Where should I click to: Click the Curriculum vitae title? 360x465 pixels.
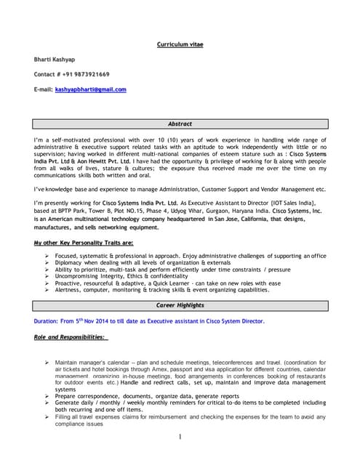pos(180,44)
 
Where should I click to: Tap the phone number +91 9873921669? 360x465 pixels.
pos(89,74)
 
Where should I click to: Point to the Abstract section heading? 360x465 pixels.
pos(180,124)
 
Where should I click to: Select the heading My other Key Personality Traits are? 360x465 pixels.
pos(84,243)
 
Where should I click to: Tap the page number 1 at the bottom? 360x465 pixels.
pos(179,437)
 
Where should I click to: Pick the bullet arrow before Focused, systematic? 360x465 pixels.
pos(47,256)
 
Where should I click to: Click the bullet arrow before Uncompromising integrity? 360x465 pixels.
pos(47,276)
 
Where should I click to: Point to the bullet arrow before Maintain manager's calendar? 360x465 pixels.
pos(47,361)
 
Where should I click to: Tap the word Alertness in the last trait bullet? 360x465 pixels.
pos(71,289)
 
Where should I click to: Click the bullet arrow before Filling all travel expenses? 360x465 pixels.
pos(47,416)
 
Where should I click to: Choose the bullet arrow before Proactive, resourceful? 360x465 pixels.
pos(47,283)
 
